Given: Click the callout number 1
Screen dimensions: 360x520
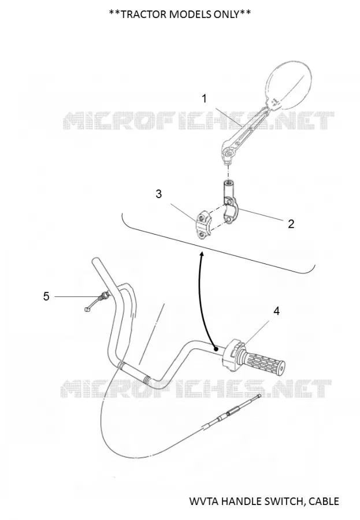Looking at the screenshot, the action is coord(205,98).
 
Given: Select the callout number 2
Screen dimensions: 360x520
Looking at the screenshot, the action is coord(291,224).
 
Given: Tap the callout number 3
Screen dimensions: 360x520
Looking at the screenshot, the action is coord(158,194).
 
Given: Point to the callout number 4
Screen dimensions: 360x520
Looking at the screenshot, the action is coord(276,311).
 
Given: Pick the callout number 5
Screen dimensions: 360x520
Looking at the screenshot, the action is coord(46,296).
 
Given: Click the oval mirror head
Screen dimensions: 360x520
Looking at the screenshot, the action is coord(289,86).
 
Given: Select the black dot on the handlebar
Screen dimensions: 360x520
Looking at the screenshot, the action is coord(216,349).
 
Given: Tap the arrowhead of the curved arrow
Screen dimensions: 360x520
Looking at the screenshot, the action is coord(202,254).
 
